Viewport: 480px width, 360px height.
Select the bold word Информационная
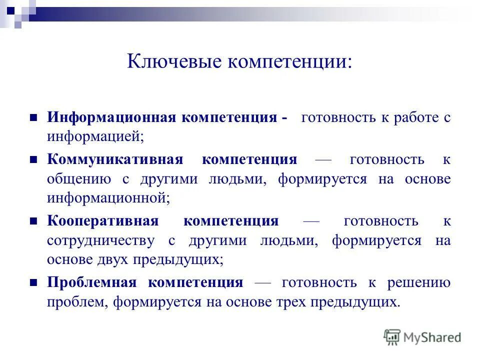pyautogui.click(x=111, y=118)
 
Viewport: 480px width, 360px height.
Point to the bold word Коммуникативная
pyautogui.click(x=115, y=160)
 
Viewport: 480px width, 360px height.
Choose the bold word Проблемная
pyautogui.click(x=91, y=283)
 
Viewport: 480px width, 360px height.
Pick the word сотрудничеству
pyautogui.click(x=100, y=241)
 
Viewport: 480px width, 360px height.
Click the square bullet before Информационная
pyautogui.click(x=34, y=118)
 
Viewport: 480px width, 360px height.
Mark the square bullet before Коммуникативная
pyautogui.click(x=34, y=160)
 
